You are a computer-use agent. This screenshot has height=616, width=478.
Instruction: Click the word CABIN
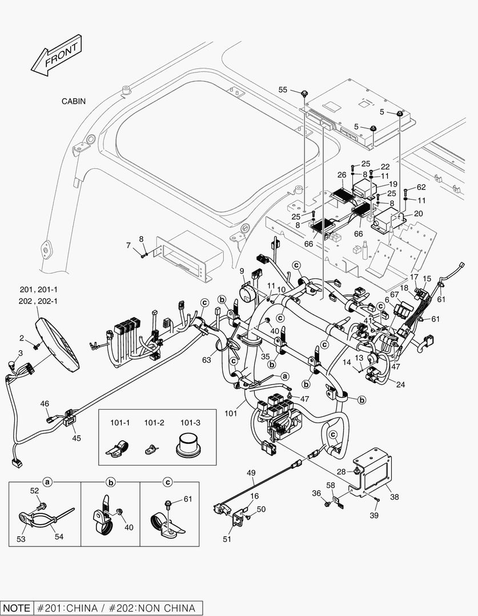click(x=74, y=102)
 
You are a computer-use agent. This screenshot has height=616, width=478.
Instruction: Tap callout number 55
click(x=283, y=90)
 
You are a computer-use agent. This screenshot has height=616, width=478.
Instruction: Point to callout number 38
click(x=394, y=497)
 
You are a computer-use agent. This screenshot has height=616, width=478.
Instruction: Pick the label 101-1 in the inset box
click(x=120, y=423)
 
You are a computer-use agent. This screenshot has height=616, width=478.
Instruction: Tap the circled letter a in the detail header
click(x=47, y=482)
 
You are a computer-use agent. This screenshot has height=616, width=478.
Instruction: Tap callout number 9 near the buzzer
click(x=242, y=270)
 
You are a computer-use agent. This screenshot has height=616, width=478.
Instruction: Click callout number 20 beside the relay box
click(x=419, y=213)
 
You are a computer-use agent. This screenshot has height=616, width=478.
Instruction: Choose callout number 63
click(x=207, y=359)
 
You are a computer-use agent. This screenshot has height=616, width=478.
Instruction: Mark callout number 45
click(x=76, y=438)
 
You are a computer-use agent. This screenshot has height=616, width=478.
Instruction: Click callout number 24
click(x=400, y=385)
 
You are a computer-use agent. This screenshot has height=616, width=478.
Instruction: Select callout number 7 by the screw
click(x=128, y=245)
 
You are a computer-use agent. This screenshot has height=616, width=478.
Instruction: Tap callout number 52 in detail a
click(x=34, y=491)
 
